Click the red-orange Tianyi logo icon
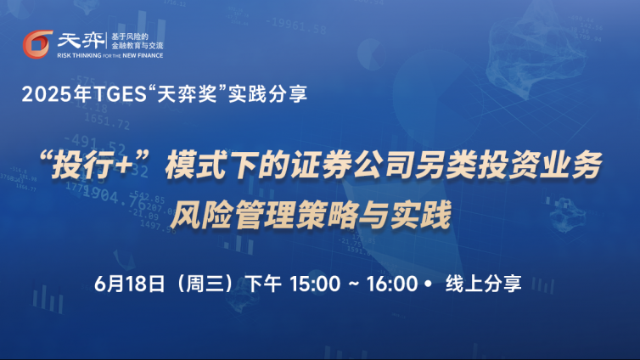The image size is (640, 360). (x=37, y=44)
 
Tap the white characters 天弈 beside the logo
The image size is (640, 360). (x=81, y=41)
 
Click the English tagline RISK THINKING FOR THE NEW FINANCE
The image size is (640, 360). (x=110, y=55)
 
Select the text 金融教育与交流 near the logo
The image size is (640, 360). (x=138, y=46)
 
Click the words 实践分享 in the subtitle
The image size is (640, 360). (x=267, y=94)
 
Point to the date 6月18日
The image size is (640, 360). (x=129, y=284)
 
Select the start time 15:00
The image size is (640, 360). (x=315, y=284)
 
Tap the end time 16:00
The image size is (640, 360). (x=392, y=284)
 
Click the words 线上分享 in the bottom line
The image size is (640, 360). (x=483, y=284)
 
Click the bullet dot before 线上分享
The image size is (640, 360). (x=428, y=284)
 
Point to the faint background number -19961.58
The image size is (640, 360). (x=296, y=25)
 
